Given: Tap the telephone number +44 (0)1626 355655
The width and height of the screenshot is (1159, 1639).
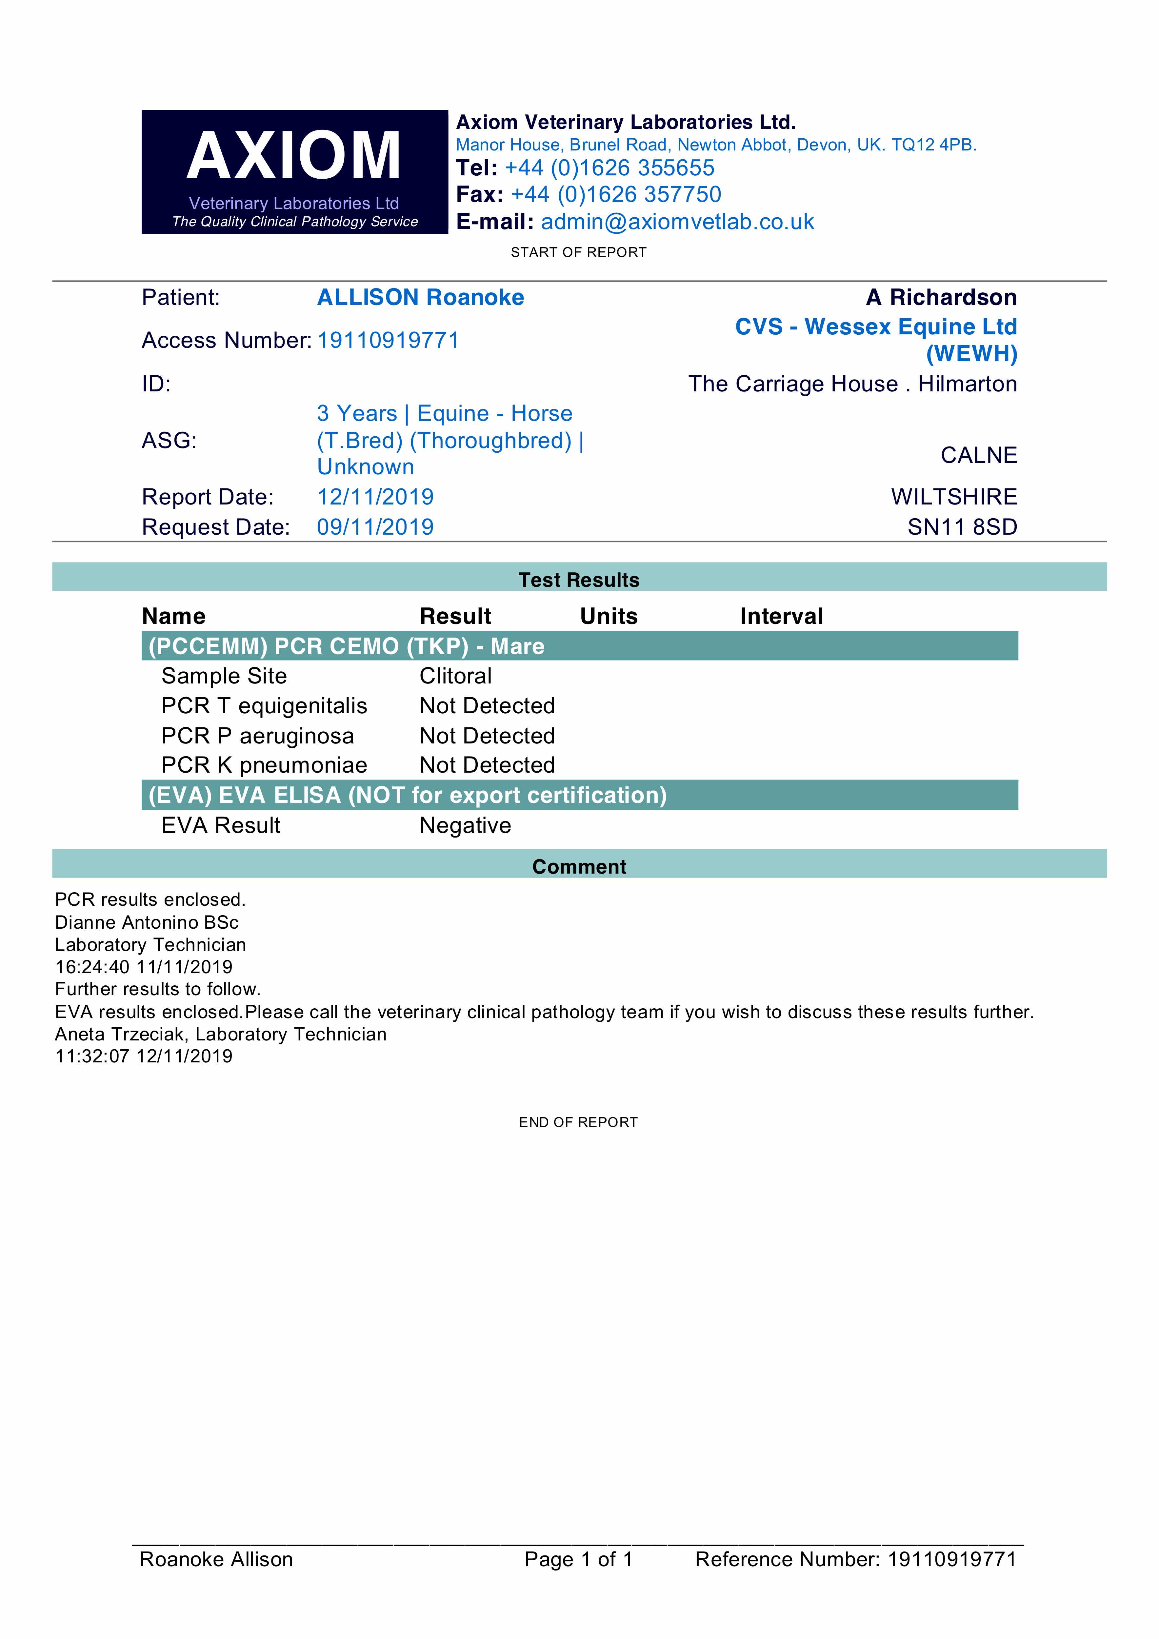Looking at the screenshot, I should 609,168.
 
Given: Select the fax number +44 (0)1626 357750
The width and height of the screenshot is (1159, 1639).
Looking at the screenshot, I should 615,195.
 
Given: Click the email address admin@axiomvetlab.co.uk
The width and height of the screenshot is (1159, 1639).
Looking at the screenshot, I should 677,222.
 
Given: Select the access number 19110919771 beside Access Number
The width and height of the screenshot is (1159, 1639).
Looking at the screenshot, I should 388,341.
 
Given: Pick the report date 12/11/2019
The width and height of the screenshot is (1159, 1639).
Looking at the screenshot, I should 375,497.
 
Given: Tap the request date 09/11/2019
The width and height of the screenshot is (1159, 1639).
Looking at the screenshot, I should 375,527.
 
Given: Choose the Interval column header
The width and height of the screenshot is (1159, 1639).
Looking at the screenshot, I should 781,616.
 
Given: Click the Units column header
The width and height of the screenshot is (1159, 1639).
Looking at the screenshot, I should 609,616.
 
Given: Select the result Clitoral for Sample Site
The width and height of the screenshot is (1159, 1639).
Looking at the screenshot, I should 456,676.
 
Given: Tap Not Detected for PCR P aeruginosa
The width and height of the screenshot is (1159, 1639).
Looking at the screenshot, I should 487,736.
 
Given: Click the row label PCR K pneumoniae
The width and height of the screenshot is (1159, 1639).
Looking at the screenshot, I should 264,765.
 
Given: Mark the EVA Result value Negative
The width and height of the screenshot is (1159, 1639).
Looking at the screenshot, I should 465,826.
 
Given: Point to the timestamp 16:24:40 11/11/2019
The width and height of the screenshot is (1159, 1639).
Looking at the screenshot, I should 144,967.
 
